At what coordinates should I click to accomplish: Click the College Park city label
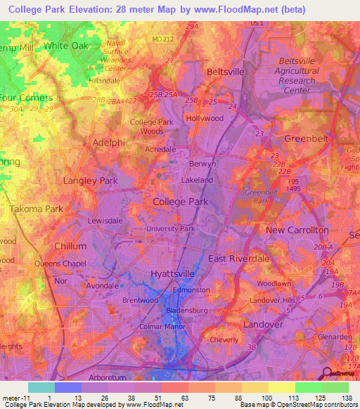point(180,202)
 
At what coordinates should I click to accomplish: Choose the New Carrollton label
point(297,230)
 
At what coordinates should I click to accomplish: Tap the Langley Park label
point(90,181)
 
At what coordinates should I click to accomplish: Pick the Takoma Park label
point(36,209)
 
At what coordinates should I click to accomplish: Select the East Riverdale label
point(238,259)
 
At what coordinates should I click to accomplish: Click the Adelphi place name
point(109,142)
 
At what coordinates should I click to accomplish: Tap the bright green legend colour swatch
point(308,387)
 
